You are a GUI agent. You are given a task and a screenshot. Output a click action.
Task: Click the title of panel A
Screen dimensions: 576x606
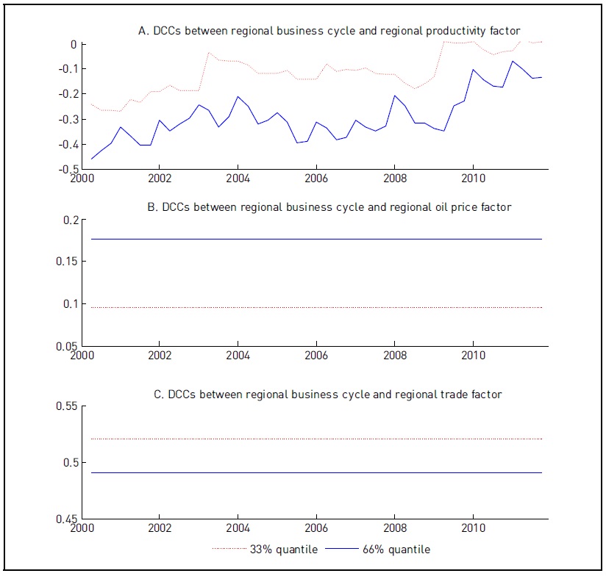329,31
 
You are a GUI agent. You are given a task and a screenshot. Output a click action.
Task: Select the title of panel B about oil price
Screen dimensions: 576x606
329,207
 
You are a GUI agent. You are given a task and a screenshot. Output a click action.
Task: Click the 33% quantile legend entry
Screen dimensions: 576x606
265,549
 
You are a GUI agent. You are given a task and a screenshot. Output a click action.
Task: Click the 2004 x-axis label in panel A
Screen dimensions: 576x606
238,178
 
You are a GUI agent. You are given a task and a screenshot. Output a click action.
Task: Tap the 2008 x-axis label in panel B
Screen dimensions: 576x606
395,354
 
